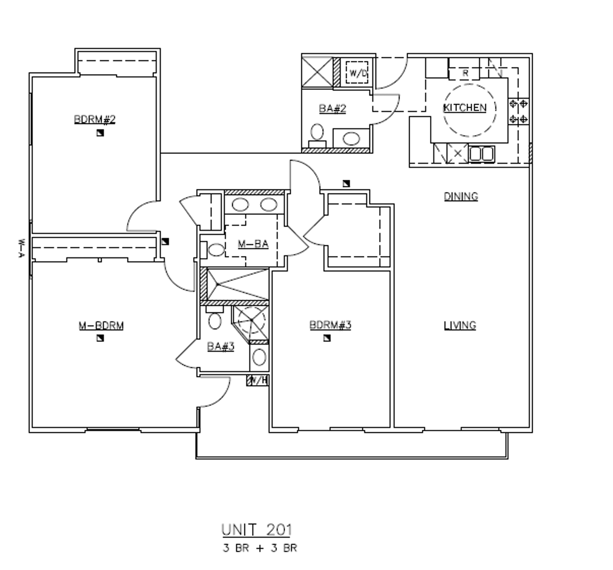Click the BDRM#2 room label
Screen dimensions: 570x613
[95, 119]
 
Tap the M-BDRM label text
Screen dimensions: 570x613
[101, 325]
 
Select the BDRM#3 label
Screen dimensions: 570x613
[330, 325]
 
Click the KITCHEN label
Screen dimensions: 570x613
[465, 108]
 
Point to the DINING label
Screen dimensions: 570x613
[461, 196]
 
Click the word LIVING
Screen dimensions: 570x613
[460, 325]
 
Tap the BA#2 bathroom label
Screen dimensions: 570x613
[332, 108]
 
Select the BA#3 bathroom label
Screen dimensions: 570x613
[221, 346]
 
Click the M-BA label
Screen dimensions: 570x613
[253, 244]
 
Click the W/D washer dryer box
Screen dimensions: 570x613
[357, 73]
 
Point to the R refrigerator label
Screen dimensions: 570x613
[465, 73]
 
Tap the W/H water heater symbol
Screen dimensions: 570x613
[258, 380]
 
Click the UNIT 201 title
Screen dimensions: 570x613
[256, 529]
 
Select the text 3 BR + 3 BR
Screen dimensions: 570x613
[260, 548]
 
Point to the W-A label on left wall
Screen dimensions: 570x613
[21, 249]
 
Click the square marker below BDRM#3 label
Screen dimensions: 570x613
[327, 338]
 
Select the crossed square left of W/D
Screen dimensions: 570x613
[317, 72]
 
